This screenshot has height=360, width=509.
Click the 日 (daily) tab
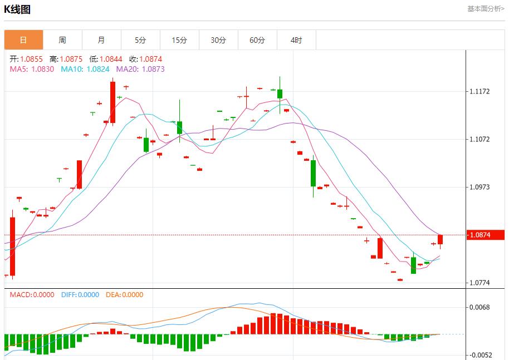click(23, 40)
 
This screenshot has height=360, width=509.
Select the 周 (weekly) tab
click(62, 40)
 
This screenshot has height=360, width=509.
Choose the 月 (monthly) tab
click(101, 40)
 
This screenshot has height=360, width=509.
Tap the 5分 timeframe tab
click(140, 40)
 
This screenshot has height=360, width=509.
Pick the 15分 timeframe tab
click(179, 40)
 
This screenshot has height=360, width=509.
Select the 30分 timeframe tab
click(218, 40)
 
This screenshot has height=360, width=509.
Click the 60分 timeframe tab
click(257, 40)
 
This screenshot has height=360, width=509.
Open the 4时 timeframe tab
click(296, 40)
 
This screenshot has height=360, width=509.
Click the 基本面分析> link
click(486, 9)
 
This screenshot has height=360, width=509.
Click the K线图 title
click(18, 9)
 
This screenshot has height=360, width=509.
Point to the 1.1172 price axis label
click(479, 91)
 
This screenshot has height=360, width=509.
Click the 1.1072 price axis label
click(479, 139)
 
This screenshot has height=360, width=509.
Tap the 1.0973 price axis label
click(479, 187)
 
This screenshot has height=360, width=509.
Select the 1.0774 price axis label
click(479, 283)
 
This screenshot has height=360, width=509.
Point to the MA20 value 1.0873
click(153, 69)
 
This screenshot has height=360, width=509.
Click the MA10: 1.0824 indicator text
click(85, 69)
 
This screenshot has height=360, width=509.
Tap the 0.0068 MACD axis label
click(479, 307)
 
